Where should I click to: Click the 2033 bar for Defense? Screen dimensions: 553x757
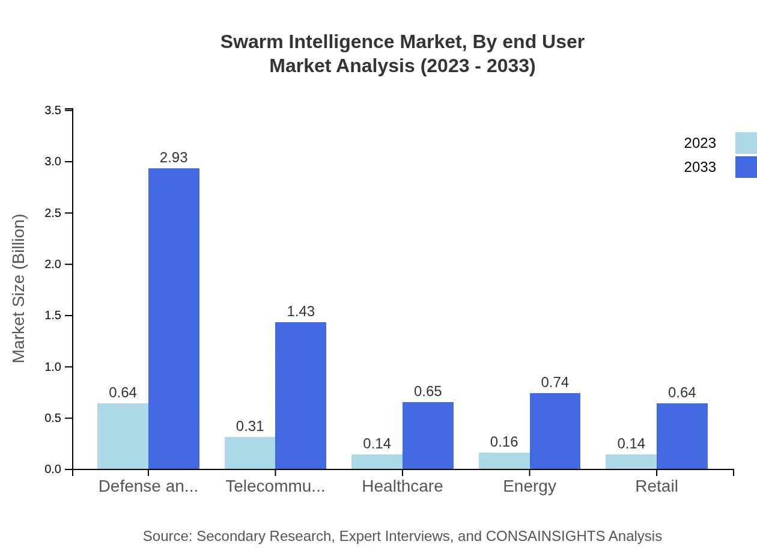click(x=174, y=319)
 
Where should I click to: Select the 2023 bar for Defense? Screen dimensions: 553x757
click(x=123, y=436)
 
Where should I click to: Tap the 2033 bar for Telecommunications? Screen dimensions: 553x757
click(x=300, y=396)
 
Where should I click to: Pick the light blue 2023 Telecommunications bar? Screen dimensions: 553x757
click(x=250, y=453)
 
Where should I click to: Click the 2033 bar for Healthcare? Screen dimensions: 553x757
click(x=428, y=435)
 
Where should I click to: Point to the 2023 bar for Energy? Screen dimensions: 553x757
click(x=504, y=460)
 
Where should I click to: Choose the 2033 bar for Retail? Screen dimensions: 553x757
click(x=682, y=436)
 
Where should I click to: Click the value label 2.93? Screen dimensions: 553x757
click(x=174, y=157)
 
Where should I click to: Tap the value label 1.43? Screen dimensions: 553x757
click(x=300, y=311)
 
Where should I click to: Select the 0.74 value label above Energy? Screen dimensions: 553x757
click(x=555, y=382)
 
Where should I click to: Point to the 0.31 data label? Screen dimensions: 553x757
click(x=250, y=426)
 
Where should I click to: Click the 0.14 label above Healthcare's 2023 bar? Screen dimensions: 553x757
click(x=377, y=444)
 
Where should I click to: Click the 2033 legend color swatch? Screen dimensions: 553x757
click(x=746, y=167)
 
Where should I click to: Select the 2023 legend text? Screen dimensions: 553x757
click(x=700, y=143)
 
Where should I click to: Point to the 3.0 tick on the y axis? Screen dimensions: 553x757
click(x=53, y=162)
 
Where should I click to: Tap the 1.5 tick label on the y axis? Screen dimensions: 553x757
click(x=53, y=316)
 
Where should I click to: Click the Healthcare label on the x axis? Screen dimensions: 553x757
click(x=402, y=486)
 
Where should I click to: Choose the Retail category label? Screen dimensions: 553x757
click(x=656, y=486)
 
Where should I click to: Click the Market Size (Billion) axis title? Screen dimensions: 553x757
click(x=19, y=289)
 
